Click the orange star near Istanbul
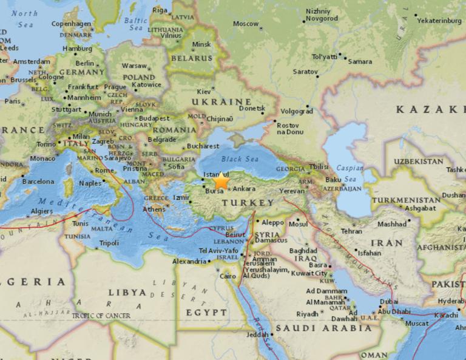click(x=221, y=181)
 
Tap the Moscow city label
click(x=246, y=24)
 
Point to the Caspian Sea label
click(x=351, y=174)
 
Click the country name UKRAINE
click(x=221, y=101)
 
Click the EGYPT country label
click(x=202, y=312)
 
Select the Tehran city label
click(x=351, y=231)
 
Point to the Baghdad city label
click(x=303, y=250)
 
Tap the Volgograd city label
click(x=297, y=111)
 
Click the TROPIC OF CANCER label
click(x=101, y=316)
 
